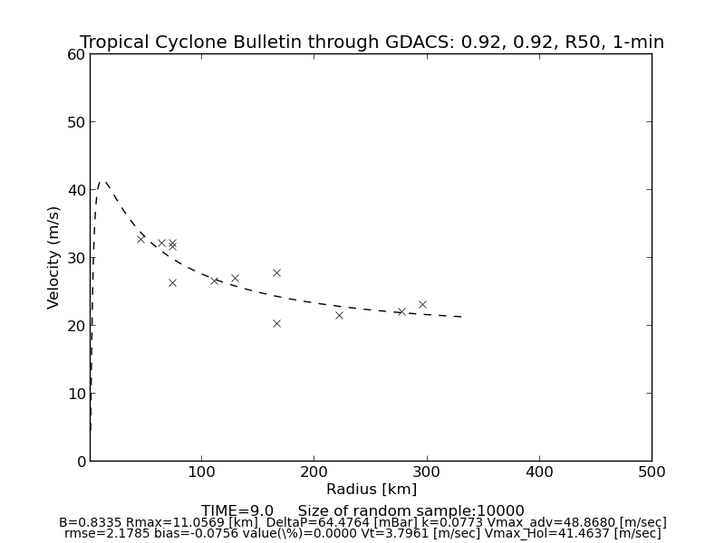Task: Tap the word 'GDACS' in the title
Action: (x=430, y=43)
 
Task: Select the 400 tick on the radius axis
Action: (x=539, y=472)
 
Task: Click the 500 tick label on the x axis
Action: (x=651, y=472)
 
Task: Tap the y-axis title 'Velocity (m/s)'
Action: (x=54, y=257)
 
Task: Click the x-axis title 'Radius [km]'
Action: (x=372, y=490)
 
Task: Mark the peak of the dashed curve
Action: (x=103, y=182)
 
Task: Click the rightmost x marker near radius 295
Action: (x=422, y=304)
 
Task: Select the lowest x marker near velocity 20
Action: (x=276, y=323)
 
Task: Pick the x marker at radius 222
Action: (x=339, y=315)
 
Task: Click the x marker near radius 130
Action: (x=235, y=278)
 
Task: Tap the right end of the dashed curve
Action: (x=462, y=317)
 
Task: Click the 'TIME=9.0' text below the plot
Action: (x=237, y=511)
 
